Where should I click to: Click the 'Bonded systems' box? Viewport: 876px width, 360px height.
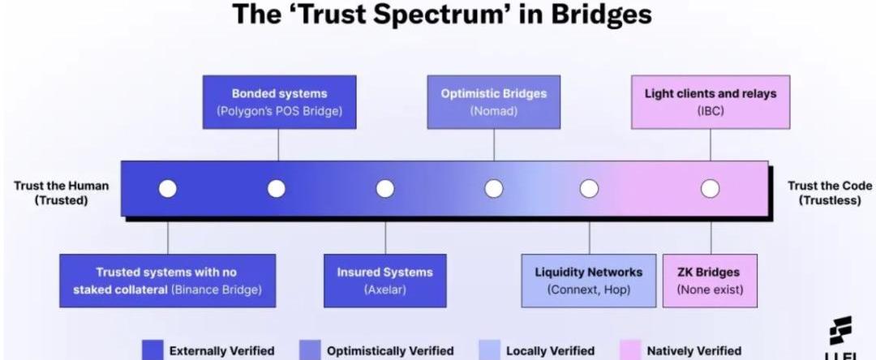point(279,102)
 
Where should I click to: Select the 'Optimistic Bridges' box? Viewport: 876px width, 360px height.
point(494,102)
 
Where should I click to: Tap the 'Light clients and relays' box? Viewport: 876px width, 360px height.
point(710,102)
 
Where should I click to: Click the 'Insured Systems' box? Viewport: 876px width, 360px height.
point(385,281)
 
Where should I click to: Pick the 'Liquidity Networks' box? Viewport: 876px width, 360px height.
point(588,281)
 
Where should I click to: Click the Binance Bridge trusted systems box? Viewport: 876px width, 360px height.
point(167,281)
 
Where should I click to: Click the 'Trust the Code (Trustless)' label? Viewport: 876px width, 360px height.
point(830,193)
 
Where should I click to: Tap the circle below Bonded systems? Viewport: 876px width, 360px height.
point(277,189)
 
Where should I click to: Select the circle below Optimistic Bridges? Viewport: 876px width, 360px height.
point(494,189)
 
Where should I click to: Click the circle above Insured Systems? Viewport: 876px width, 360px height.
point(385,189)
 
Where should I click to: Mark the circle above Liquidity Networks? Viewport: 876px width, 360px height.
point(589,189)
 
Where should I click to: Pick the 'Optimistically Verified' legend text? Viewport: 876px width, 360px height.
point(389,351)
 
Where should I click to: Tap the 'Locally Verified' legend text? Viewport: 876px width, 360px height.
point(550,351)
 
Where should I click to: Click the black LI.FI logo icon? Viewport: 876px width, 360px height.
point(839,331)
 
